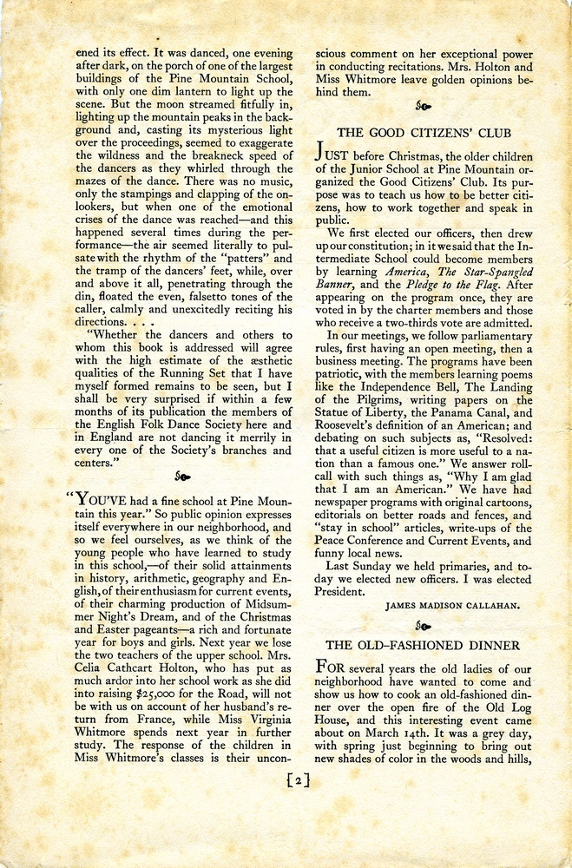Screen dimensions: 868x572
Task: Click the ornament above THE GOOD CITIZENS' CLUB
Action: pos(424,106)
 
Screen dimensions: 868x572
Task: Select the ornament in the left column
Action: pos(183,477)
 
